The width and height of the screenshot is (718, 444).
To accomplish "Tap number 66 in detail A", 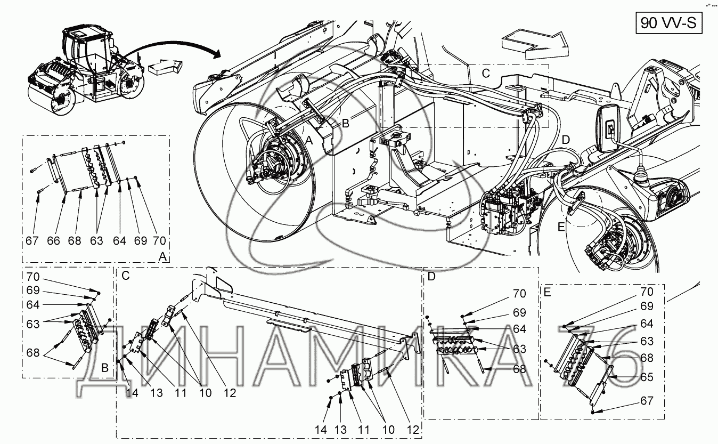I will pyautogui.click(x=54, y=241).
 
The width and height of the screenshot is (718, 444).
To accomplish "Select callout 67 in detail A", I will pyautogui.click(x=32, y=241).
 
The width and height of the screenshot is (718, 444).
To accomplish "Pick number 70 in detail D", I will pyautogui.click(x=519, y=294).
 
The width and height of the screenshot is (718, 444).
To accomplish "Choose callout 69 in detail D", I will pyautogui.click(x=519, y=312).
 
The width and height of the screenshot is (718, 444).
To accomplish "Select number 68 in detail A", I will pyautogui.click(x=75, y=241).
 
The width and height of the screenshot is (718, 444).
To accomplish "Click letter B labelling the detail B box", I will pyautogui.click(x=105, y=368).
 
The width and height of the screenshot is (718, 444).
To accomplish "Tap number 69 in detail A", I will pyautogui.click(x=140, y=241).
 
